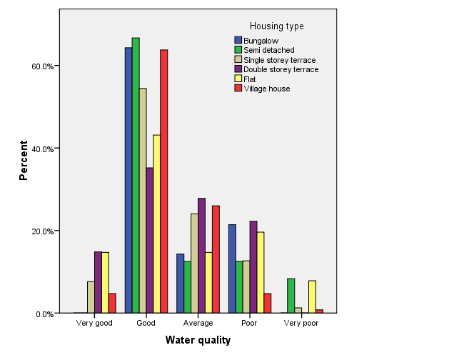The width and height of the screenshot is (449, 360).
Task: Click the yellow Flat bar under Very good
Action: coord(105,282)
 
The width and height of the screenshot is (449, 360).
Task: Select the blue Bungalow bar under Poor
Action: coord(232,269)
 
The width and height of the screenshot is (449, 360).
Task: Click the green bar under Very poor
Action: coord(291,296)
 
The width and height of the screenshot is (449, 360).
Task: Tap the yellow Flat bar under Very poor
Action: coord(312,296)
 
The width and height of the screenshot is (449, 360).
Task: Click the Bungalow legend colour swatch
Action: coord(238,41)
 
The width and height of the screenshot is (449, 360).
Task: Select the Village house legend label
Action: coord(267,89)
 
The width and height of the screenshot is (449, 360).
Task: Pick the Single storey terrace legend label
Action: coord(279,60)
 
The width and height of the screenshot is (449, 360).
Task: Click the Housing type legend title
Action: coord(276,26)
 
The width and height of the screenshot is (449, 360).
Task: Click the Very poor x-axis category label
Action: coord(301,324)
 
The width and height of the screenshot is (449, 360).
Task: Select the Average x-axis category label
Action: coord(198,324)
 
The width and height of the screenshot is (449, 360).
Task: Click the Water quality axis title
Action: coord(198,341)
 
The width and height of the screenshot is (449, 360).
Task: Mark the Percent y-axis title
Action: coord(24,164)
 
